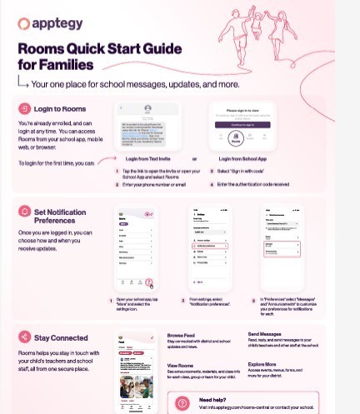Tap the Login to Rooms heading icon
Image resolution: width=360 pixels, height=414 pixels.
point(25,109)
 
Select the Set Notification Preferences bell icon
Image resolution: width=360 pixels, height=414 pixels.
point(25,212)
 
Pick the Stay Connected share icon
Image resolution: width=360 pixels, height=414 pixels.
point(25,337)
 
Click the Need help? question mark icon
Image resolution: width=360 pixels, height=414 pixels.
point(182,403)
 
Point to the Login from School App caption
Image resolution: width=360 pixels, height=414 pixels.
point(242,158)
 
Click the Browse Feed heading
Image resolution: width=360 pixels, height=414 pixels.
point(181,335)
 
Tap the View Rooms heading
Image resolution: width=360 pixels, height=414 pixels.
point(180,365)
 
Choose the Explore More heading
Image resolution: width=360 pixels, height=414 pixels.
point(262,365)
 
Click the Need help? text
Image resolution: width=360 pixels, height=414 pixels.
point(212,400)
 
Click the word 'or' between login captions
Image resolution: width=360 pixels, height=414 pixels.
point(194,158)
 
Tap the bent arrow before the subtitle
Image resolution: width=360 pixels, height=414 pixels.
point(22,82)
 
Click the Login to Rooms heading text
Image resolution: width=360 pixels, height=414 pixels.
point(60,109)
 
